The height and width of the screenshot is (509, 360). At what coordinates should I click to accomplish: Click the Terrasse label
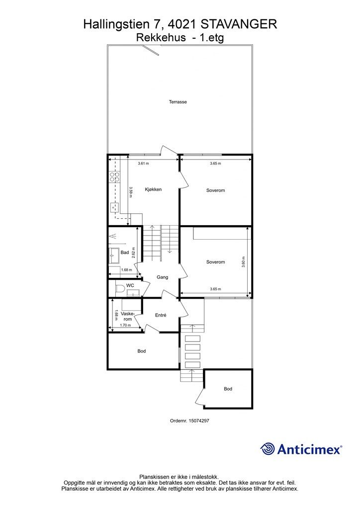(x=178, y=101)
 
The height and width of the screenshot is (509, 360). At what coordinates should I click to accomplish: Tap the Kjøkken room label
(x=153, y=189)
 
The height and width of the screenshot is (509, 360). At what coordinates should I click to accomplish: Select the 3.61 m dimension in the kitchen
(x=144, y=163)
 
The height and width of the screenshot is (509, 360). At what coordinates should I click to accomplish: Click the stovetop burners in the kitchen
(x=114, y=176)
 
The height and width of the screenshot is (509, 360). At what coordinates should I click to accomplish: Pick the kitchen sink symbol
(x=114, y=206)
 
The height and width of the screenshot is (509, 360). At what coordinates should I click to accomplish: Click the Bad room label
(x=125, y=252)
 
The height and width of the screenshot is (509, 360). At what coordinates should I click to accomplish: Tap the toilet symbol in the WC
(x=120, y=289)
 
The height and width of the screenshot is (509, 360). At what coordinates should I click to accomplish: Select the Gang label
(x=162, y=277)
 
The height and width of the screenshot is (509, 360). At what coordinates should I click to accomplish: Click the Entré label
(x=161, y=315)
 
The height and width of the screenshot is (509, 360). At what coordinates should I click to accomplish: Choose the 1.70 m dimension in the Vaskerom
(x=126, y=325)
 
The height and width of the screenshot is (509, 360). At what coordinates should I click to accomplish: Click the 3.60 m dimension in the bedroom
(x=244, y=262)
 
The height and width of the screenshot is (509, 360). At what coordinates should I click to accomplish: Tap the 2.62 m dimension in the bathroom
(x=133, y=252)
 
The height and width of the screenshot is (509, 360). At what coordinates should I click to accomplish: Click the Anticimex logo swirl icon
(x=268, y=449)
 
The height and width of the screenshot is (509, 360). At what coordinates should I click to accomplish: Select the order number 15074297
(x=199, y=421)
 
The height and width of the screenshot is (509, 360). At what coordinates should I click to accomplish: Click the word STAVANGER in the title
(x=239, y=24)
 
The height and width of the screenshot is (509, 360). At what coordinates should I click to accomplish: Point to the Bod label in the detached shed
(x=228, y=389)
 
